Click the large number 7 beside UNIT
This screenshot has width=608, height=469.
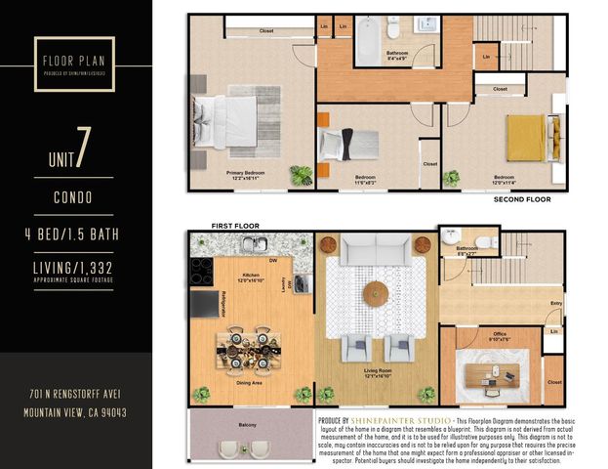[84, 147]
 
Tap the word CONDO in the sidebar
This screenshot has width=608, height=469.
[74, 196]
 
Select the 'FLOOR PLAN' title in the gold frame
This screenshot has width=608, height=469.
[74, 59]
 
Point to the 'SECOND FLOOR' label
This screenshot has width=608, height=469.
[521, 199]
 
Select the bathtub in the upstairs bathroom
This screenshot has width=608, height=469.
[369, 42]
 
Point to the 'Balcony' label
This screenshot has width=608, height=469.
[248, 424]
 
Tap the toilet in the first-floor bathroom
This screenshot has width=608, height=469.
[451, 238]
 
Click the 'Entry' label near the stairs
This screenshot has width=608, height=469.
[555, 304]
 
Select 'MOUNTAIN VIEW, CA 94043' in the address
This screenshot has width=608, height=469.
[74, 412]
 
